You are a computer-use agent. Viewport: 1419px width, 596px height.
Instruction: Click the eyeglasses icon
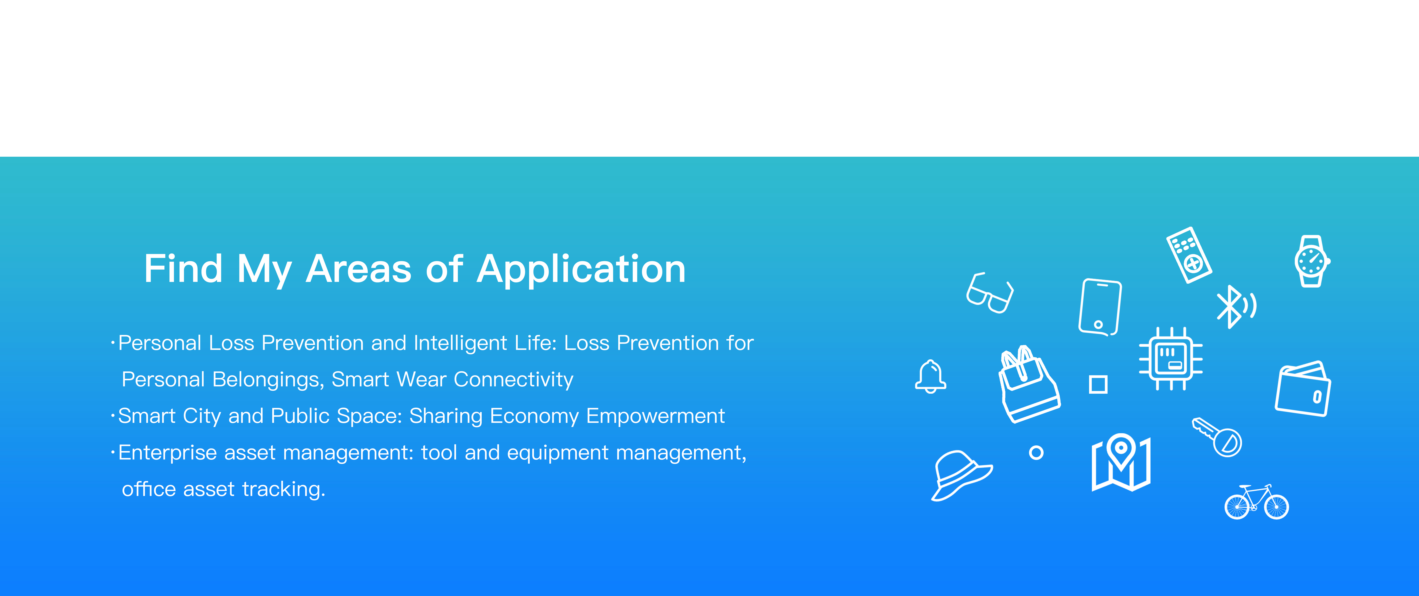990,293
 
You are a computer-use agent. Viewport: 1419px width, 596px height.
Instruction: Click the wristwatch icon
1312,261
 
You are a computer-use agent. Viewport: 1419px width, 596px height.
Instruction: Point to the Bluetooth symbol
1230,306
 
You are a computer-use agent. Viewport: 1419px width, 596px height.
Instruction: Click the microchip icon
1171,359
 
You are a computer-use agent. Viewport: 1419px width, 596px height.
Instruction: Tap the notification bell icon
930,376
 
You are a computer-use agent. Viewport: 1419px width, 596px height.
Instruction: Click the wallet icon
1303,388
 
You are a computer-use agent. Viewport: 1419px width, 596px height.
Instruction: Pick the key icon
1217,437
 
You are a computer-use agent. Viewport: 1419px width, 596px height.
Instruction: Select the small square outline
1098,384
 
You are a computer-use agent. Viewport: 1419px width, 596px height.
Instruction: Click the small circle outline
1036,453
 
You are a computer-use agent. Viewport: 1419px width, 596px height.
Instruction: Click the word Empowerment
656,416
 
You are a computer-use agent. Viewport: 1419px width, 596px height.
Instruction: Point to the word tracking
284,489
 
